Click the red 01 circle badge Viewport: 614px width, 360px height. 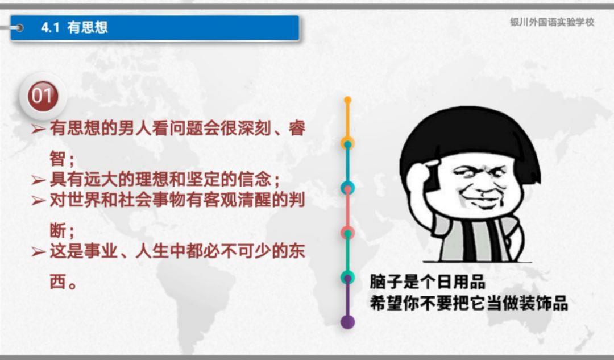(x=43, y=96)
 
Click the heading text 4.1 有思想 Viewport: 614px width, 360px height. (x=74, y=27)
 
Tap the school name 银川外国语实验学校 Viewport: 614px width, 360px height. (x=552, y=22)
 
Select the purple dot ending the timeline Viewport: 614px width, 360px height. (x=347, y=321)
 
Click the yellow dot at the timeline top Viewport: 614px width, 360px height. (x=347, y=100)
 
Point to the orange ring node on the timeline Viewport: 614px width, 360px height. (x=347, y=143)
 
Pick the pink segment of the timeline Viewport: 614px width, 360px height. (x=347, y=210)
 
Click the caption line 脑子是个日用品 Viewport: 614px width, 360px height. (x=428, y=282)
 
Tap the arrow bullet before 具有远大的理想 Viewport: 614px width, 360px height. (x=39, y=180)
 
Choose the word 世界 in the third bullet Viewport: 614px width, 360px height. (x=84, y=200)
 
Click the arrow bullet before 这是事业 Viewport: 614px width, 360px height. (x=39, y=251)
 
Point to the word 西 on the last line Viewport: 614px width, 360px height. (x=58, y=282)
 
